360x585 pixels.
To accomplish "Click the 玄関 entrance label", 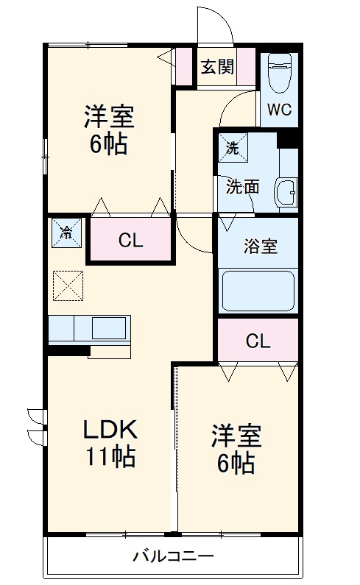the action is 218,67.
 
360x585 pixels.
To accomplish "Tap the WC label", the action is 279,110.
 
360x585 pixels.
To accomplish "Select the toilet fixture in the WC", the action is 280,73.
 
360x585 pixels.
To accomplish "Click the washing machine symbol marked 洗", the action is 233,148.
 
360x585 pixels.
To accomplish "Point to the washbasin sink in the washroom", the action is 286,193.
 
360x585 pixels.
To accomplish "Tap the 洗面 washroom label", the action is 243,187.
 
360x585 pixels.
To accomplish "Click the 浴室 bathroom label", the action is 261,247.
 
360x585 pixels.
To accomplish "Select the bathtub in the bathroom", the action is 258,291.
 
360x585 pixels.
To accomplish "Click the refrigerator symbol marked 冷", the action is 66,233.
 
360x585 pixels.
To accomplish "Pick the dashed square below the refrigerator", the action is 68,286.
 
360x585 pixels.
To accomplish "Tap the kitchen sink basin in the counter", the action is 109,328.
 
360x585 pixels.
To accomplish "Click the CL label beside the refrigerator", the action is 131,241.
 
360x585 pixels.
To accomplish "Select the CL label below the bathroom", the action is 258,341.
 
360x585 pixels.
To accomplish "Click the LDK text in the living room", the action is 110,430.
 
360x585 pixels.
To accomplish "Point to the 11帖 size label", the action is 111,456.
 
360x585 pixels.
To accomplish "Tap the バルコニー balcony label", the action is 173,556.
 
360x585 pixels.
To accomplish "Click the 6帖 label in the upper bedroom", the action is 109,143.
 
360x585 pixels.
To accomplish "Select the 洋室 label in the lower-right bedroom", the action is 236,436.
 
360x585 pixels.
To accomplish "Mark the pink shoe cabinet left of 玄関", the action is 184,66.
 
